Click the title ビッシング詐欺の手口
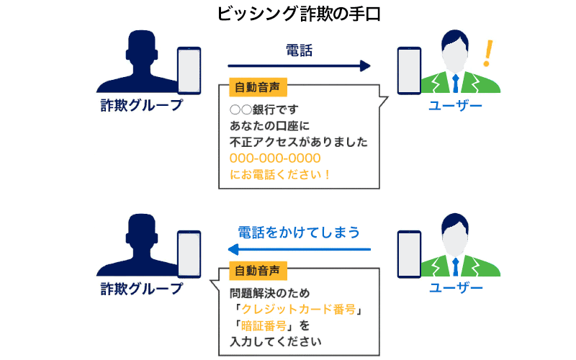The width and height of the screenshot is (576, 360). point(287,14)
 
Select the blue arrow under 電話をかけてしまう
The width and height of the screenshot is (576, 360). point(299,250)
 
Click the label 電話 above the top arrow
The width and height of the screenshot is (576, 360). point(299,50)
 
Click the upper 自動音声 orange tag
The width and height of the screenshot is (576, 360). point(257,87)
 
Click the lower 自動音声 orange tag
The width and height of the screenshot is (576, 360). point(257,271)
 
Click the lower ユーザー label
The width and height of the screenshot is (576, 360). point(455,288)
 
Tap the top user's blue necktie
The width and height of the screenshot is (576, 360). point(454,81)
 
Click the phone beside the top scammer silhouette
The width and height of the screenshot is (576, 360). point(189,70)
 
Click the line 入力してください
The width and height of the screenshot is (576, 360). point(275,341)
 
